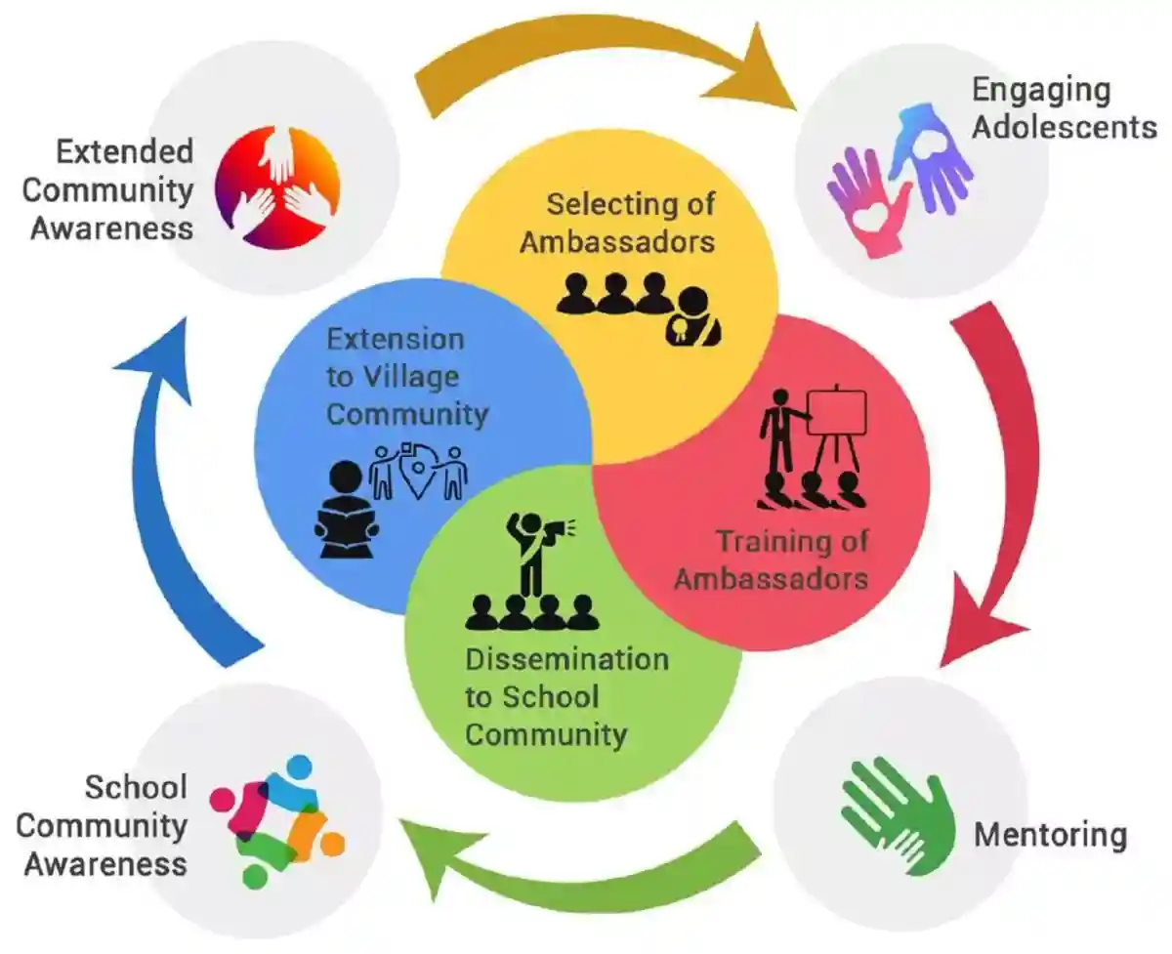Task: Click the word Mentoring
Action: click(1050, 835)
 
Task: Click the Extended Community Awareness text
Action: click(112, 189)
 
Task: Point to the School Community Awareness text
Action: click(103, 825)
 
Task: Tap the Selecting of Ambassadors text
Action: click(618, 223)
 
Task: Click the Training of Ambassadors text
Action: click(772, 559)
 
